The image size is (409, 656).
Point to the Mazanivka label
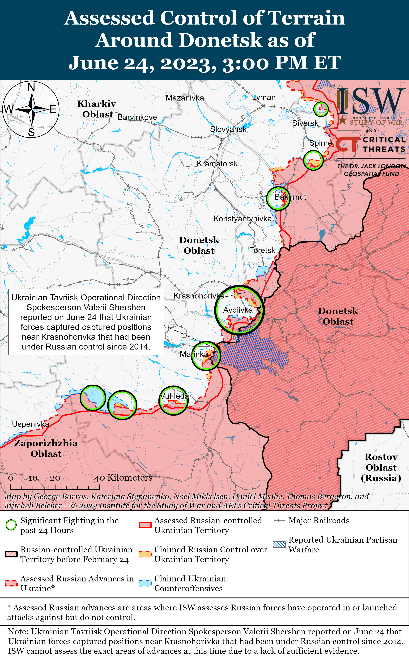[x=185, y=98]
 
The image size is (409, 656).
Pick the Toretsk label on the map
[x=262, y=250]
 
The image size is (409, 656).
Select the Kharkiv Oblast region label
[x=97, y=109]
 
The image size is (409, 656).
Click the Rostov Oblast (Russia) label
[x=381, y=467]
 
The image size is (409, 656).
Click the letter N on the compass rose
[x=31, y=87]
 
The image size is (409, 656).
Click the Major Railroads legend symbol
[x=279, y=520]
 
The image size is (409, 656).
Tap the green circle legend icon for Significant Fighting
[x=11, y=525]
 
